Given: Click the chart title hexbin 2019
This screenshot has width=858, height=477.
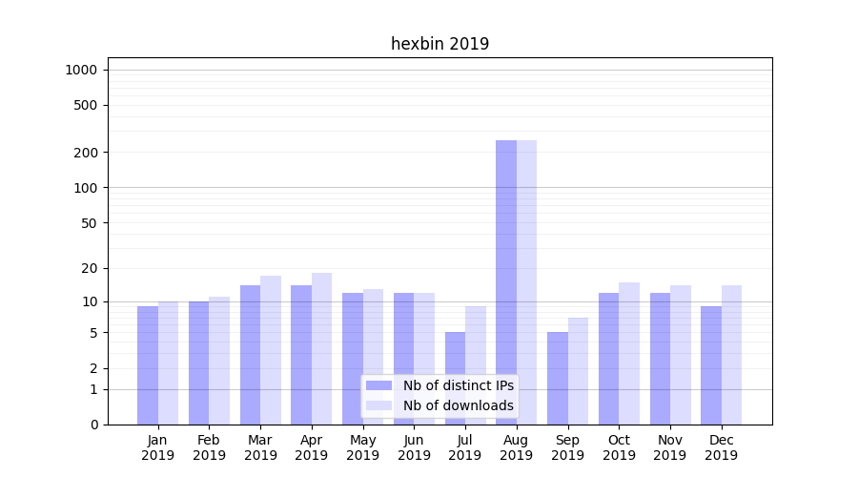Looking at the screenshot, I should click(x=439, y=44).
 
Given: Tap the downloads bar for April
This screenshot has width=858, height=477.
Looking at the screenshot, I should click(x=321, y=348).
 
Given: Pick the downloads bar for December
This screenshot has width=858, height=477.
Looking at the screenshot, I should click(x=731, y=355).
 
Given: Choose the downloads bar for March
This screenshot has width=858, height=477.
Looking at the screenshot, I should click(x=271, y=350).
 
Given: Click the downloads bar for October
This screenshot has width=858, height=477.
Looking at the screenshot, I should click(x=629, y=353).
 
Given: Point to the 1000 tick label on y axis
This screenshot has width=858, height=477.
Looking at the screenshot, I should click(x=81, y=70).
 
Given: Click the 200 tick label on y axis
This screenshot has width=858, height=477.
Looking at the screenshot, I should click(x=87, y=153).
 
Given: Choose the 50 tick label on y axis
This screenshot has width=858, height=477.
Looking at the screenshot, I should click(x=90, y=223).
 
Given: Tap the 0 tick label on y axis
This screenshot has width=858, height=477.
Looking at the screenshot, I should click(x=93, y=425).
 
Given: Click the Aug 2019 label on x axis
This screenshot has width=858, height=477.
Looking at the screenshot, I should click(x=516, y=447).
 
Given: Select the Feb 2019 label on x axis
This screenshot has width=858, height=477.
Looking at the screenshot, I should click(x=209, y=447).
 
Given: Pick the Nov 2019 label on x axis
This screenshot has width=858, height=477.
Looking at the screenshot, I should click(x=670, y=447).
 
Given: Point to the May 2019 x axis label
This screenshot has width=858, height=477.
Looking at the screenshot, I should click(x=362, y=447).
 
